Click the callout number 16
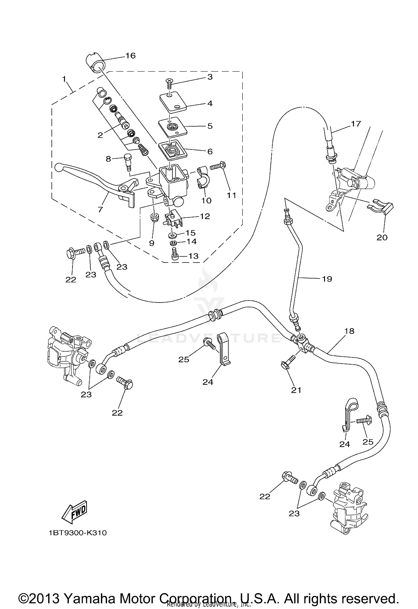click(130, 56)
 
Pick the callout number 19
click(327, 279)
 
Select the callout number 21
click(296, 390)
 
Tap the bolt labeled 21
click(288, 362)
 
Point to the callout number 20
click(382, 237)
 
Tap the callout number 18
click(349, 331)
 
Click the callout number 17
click(356, 124)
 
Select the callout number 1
click(64, 79)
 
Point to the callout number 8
click(108, 159)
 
